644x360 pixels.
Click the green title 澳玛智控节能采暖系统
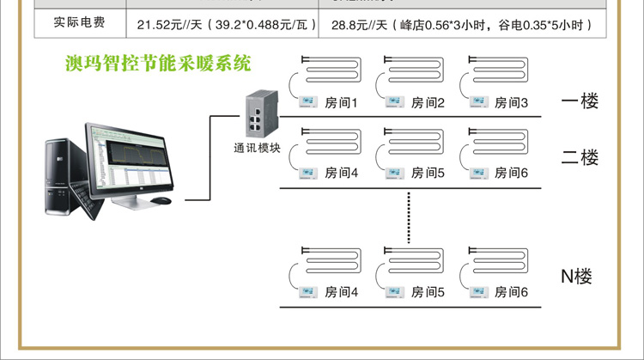tap(160, 64)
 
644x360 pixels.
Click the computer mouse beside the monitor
tap(161, 201)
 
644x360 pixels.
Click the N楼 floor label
tap(577, 277)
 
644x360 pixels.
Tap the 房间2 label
tap(428, 103)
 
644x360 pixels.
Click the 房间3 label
tap(512, 103)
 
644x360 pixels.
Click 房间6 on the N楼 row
tap(512, 292)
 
